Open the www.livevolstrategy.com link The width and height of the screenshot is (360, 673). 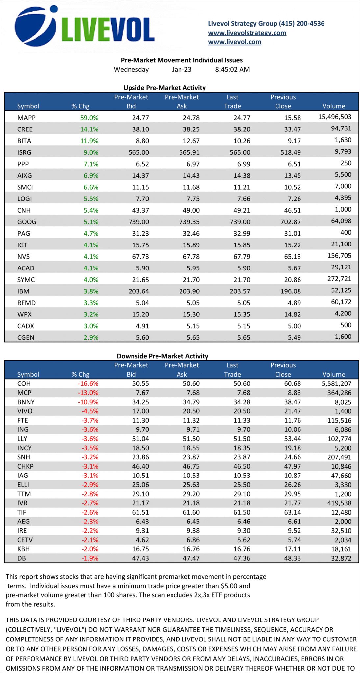(x=247, y=33)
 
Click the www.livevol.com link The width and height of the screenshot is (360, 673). (x=234, y=42)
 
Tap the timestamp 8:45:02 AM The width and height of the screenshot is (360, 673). (x=232, y=69)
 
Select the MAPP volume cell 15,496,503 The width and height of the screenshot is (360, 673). (x=334, y=117)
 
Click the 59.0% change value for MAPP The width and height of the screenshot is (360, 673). (x=89, y=118)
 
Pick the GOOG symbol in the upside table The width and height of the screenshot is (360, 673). (x=27, y=222)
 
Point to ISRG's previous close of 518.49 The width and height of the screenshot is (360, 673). (x=292, y=152)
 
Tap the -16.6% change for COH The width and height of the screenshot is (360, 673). (x=88, y=383)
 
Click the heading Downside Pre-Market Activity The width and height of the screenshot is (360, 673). (x=162, y=356)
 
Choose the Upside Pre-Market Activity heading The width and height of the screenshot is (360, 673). (x=164, y=88)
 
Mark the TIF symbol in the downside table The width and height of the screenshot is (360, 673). (x=22, y=512)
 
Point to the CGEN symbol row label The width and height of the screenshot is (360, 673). (x=26, y=337)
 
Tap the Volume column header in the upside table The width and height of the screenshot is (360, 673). (x=333, y=106)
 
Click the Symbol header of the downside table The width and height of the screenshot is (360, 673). (x=28, y=374)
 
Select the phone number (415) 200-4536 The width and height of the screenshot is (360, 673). (x=301, y=23)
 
